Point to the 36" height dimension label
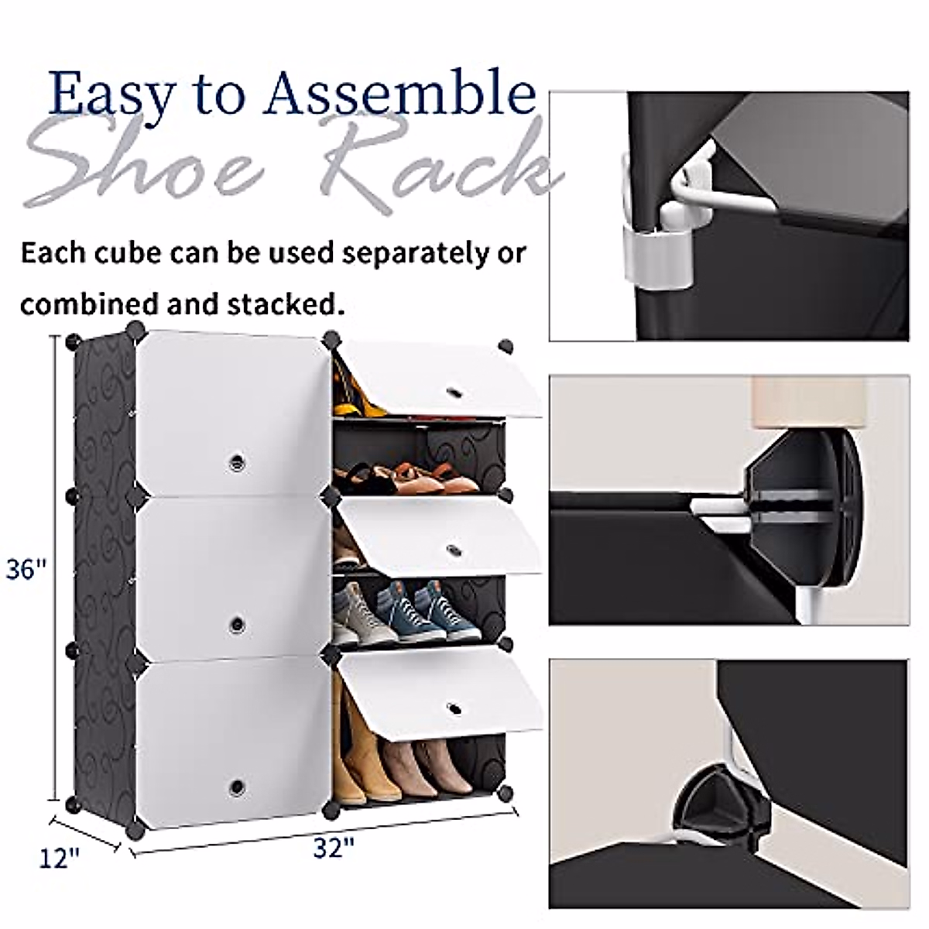(27, 570)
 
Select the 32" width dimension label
(334, 848)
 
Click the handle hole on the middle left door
(237, 622)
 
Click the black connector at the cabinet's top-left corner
(74, 341)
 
